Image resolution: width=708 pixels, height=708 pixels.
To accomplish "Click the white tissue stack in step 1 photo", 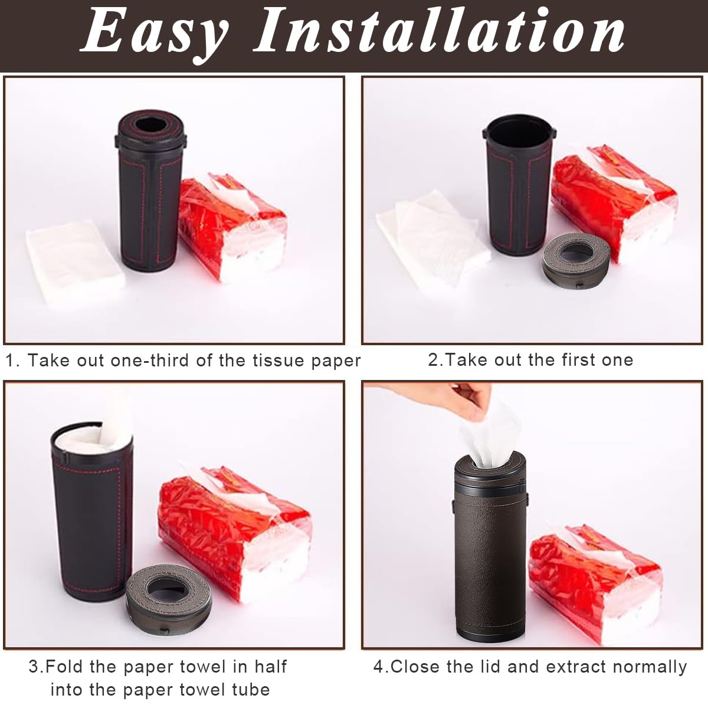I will coord(76,253).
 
